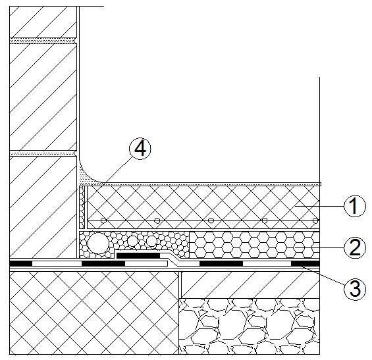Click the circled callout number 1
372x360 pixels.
[x=354, y=206]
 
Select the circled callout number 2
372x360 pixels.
[x=355, y=247]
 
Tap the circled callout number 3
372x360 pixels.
[x=355, y=289]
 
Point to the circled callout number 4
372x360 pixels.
[x=140, y=149]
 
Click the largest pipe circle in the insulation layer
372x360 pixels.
[x=99, y=243]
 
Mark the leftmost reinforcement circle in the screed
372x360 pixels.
[x=103, y=220]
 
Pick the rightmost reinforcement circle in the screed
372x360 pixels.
[x=315, y=220]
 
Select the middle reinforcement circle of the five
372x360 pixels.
[x=211, y=220]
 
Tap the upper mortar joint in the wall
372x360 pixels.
[x=43, y=41]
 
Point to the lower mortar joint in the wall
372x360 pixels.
[x=43, y=153]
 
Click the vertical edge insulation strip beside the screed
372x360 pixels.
[x=82, y=207]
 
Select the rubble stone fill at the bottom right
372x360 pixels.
[x=249, y=326]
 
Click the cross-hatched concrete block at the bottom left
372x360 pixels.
[x=94, y=313]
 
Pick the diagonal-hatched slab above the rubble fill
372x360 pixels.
[x=250, y=284]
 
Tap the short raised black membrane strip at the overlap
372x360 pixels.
[x=138, y=255]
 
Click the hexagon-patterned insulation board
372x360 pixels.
[x=254, y=245]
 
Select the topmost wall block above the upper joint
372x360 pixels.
[x=43, y=22]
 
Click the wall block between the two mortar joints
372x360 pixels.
[x=43, y=97]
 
